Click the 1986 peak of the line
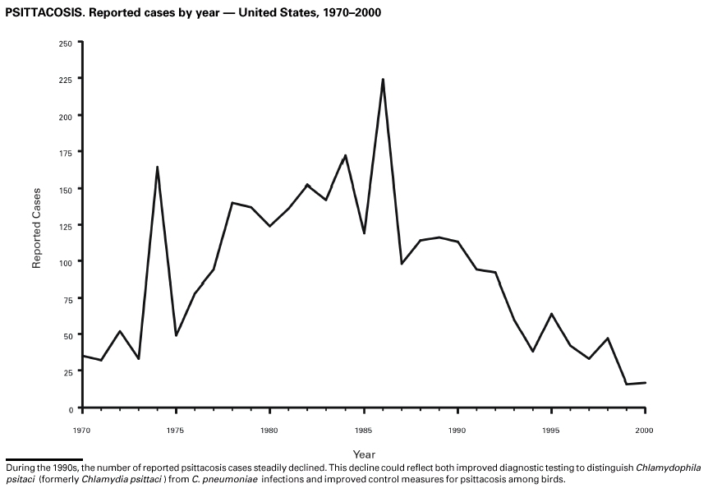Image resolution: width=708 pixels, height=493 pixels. click(x=383, y=80)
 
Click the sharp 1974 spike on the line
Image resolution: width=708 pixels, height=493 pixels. click(x=157, y=168)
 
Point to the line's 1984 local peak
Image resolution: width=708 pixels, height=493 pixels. click(x=345, y=155)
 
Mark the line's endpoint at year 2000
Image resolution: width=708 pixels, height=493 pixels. click(x=646, y=383)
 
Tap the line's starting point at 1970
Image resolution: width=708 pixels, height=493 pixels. click(x=82, y=356)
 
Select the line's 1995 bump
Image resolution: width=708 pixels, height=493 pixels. click(x=551, y=314)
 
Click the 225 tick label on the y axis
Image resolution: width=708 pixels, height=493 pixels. click(x=66, y=80)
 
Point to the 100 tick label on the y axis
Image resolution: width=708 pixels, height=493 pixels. click(x=66, y=262)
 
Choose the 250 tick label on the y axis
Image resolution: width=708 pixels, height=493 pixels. click(x=66, y=43)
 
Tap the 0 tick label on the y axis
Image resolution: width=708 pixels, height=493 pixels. click(x=71, y=408)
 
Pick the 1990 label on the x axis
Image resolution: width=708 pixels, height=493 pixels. click(x=457, y=429)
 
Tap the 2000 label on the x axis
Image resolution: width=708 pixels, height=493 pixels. click(x=646, y=429)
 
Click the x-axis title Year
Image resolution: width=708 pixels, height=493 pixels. click(x=364, y=454)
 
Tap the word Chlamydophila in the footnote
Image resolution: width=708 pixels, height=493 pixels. click(x=669, y=468)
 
